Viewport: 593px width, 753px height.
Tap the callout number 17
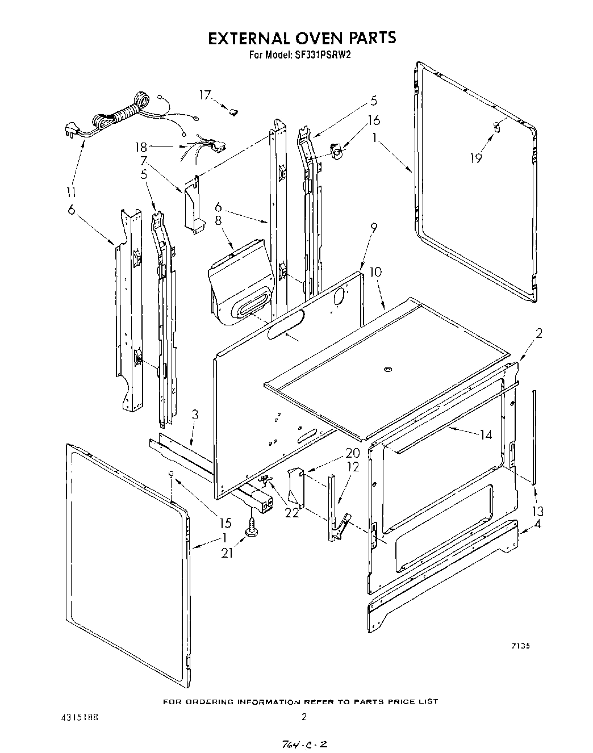[204, 95]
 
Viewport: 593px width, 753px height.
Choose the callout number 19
[476, 158]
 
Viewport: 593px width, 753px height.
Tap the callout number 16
[374, 120]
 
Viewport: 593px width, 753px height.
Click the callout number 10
[375, 272]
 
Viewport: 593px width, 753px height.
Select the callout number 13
[537, 511]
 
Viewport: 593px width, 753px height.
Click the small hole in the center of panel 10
[388, 370]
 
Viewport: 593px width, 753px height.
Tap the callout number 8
[218, 221]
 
